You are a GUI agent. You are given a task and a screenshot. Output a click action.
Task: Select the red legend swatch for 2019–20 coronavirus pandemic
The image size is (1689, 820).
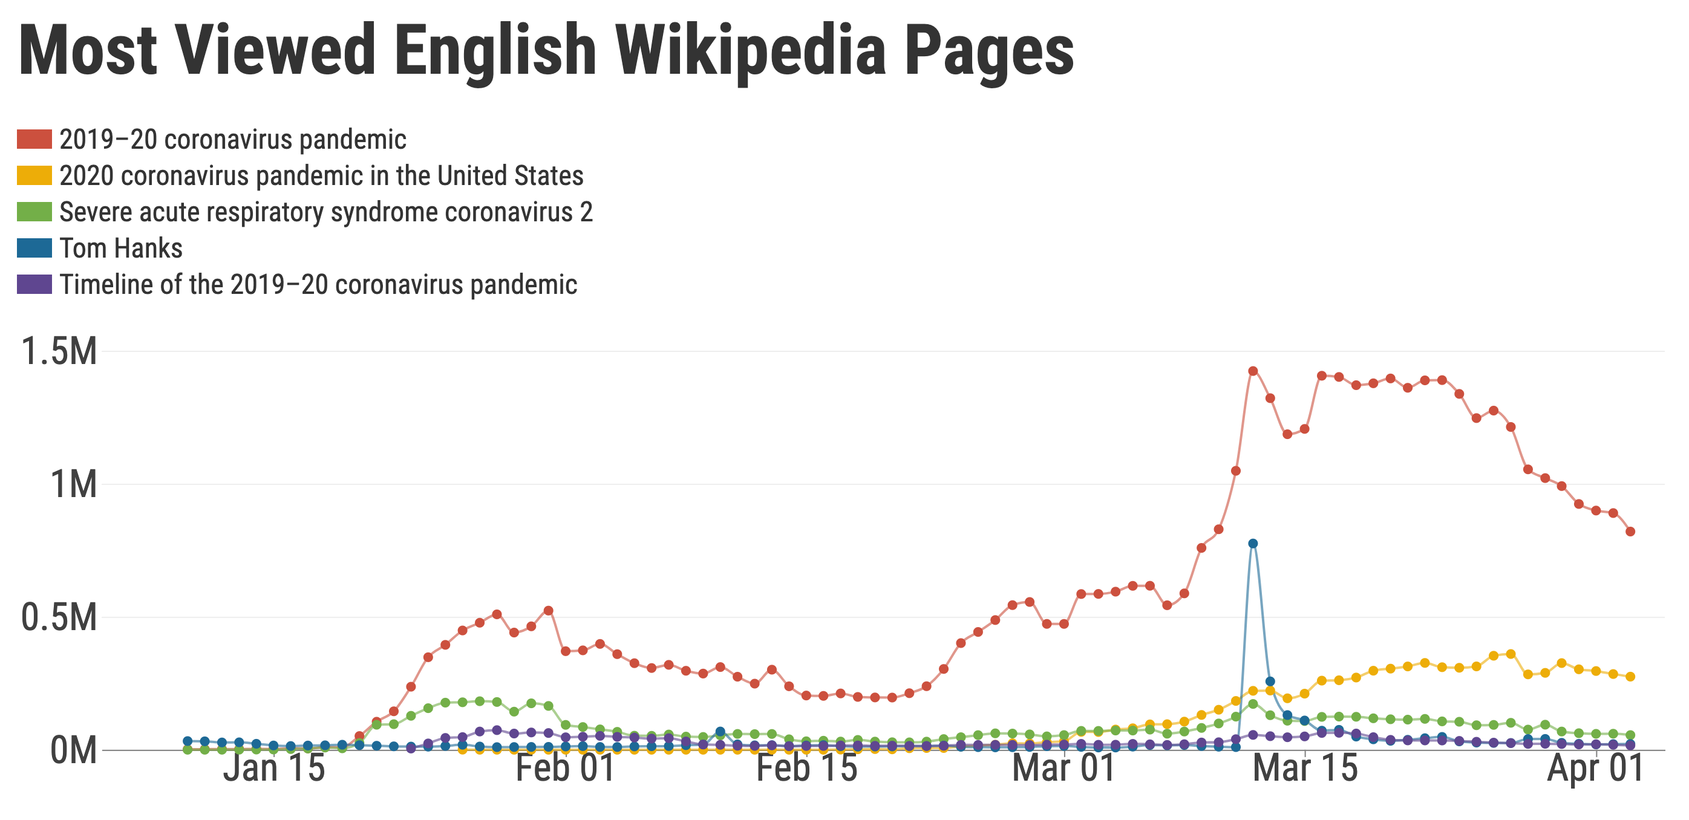pyautogui.click(x=34, y=140)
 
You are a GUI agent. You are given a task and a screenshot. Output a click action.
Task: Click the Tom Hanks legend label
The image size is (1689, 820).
pyautogui.click(x=120, y=249)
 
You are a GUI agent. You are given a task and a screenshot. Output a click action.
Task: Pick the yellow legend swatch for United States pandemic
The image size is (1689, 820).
pyautogui.click(x=34, y=175)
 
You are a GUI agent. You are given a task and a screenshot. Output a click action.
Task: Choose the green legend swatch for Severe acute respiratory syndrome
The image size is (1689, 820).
pyautogui.click(x=34, y=212)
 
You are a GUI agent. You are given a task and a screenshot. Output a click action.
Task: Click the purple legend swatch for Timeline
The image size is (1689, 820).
pyautogui.click(x=34, y=284)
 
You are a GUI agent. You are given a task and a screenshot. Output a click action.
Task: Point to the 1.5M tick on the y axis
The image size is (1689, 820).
pyautogui.click(x=59, y=352)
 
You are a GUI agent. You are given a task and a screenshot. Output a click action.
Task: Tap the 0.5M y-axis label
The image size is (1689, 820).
pyautogui.click(x=59, y=618)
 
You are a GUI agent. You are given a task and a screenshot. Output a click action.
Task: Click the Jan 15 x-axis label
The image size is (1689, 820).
pyautogui.click(x=274, y=768)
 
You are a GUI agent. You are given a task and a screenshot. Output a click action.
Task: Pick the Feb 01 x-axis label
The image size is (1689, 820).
pyautogui.click(x=565, y=768)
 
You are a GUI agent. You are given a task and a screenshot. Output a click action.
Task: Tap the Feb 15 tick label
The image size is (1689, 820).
pyautogui.click(x=806, y=768)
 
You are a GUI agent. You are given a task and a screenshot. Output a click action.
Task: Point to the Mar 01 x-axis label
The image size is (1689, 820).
pyautogui.click(x=1063, y=768)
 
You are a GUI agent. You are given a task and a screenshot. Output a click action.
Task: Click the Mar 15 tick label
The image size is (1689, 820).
pyautogui.click(x=1305, y=768)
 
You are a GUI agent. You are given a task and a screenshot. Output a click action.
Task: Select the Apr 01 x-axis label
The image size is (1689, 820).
pyautogui.click(x=1595, y=768)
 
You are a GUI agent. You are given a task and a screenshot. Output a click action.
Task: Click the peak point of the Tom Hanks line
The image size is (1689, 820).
pyautogui.click(x=1253, y=544)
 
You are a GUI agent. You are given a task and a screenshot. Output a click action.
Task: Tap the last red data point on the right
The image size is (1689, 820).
pyautogui.click(x=1630, y=532)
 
